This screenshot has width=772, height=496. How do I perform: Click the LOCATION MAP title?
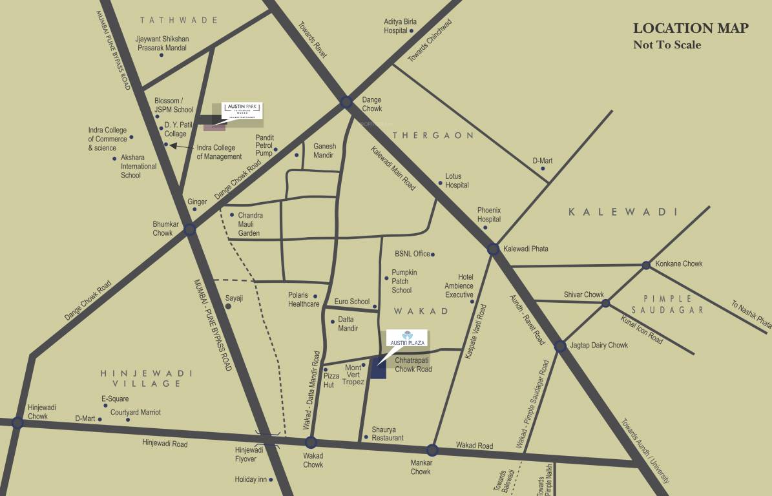[x=691, y=28]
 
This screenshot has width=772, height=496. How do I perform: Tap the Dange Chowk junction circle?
[x=346, y=101]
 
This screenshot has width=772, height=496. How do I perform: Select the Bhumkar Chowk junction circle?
[x=189, y=229]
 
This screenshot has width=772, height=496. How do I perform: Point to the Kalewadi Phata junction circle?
[x=493, y=249]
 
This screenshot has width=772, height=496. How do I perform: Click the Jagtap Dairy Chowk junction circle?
[x=560, y=346]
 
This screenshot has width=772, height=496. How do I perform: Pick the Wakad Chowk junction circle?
[x=311, y=442]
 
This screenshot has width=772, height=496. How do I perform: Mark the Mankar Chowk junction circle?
[x=432, y=450]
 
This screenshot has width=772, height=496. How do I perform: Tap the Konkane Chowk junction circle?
[x=646, y=265]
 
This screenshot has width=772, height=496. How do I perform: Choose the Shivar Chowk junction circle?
[x=605, y=303]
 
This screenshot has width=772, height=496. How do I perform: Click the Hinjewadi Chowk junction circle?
[x=17, y=422]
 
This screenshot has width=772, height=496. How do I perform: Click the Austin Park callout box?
[x=242, y=110]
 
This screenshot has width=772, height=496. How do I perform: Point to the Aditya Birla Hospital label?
[x=401, y=26]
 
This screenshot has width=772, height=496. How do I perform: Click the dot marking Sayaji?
[x=227, y=306]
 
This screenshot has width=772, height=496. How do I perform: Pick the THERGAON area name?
[x=433, y=136]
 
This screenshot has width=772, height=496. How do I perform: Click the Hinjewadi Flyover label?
[x=245, y=454]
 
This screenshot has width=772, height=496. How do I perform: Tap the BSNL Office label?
[x=412, y=254]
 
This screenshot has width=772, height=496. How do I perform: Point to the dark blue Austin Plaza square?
[x=378, y=369]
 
